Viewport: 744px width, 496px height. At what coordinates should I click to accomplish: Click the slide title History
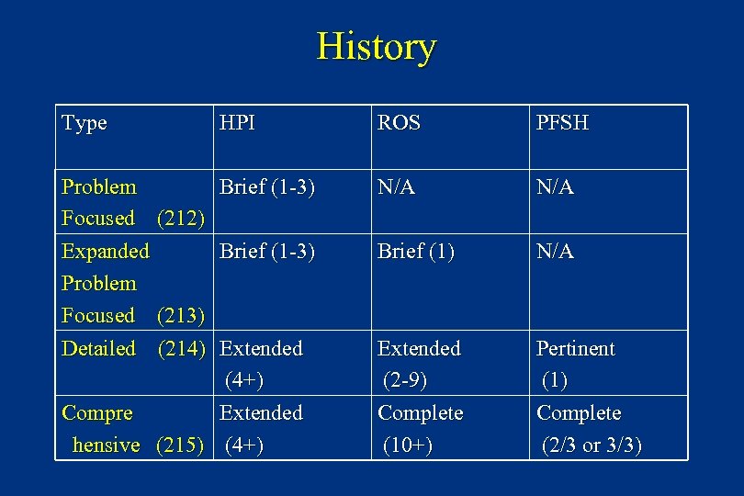(377, 47)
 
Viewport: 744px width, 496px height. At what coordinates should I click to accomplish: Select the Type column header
(85, 123)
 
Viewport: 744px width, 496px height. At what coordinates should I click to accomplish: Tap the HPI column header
(238, 123)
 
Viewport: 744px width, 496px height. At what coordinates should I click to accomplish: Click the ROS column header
(400, 123)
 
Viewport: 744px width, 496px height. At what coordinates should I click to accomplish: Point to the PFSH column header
(562, 123)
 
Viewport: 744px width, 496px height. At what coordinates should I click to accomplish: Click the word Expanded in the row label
(106, 251)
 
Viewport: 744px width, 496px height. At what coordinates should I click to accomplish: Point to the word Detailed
(98, 349)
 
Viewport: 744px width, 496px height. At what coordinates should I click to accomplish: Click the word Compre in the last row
(96, 413)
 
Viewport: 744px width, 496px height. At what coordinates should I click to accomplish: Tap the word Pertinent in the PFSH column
(576, 349)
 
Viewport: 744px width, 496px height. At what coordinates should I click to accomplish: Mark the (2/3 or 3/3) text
(592, 445)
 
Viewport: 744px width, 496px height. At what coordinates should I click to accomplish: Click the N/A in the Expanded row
(556, 251)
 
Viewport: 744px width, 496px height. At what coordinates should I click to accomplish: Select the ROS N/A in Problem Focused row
(397, 187)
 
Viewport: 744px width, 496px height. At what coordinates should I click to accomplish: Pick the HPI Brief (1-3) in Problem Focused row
(267, 187)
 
